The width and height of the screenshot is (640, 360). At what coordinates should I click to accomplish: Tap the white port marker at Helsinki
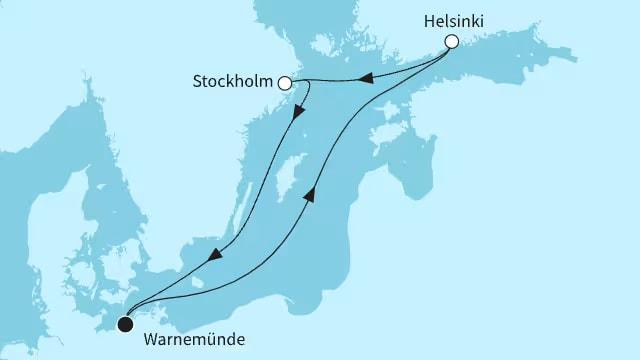click(451, 42)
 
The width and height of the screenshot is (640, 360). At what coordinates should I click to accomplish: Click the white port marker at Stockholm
click(285, 84)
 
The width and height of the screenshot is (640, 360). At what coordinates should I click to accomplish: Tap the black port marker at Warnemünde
click(125, 323)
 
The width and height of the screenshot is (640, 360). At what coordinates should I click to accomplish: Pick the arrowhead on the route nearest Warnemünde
click(214, 258)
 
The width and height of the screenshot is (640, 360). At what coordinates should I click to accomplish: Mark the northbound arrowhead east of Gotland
click(308, 195)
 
